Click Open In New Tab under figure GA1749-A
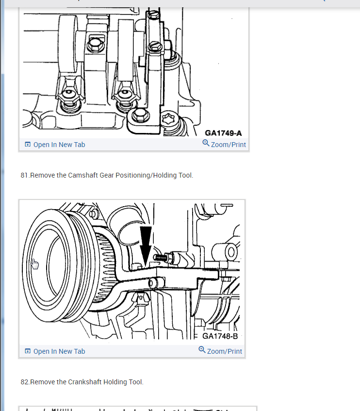[59, 145]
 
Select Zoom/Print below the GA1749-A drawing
[228, 145]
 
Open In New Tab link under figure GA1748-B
[59, 351]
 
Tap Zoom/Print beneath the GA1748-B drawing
[224, 351]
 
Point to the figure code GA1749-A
[223, 133]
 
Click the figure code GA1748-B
[220, 336]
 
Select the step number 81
[25, 175]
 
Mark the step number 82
[25, 382]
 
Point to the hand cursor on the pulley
[35, 264]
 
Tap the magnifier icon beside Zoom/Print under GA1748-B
[202, 350]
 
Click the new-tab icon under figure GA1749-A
[28, 145]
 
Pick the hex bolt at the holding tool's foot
[140, 115]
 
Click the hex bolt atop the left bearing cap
[93, 45]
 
